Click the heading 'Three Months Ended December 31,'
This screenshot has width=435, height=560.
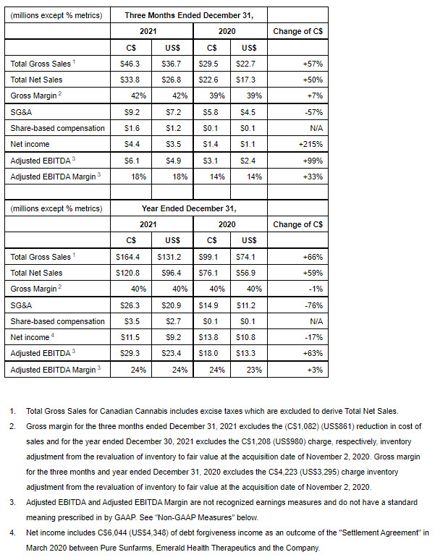pos(188,14)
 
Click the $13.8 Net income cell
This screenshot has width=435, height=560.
pos(208,337)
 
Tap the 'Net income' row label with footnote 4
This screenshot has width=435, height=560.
pos(32,337)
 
